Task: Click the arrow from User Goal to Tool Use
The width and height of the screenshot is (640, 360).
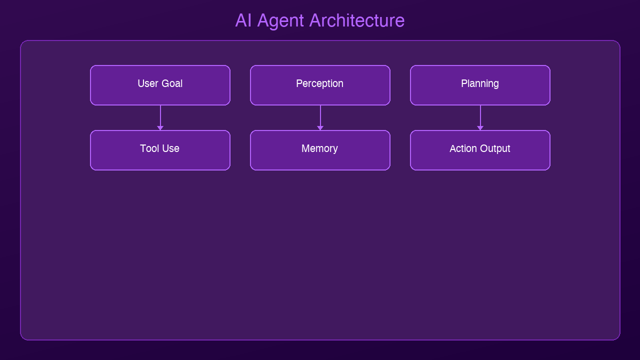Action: click(x=160, y=116)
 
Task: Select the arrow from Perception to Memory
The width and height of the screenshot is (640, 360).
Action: click(x=320, y=116)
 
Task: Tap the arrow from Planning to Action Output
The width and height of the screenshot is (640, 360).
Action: click(x=480, y=116)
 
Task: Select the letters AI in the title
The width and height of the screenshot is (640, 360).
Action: click(x=243, y=20)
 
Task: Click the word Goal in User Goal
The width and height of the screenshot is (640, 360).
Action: click(x=171, y=83)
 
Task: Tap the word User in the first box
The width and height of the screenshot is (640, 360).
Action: click(x=148, y=83)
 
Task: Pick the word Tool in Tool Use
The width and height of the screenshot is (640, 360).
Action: click(x=149, y=148)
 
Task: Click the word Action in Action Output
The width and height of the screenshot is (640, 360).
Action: click(x=462, y=148)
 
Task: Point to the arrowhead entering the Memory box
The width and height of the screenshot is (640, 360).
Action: click(x=320, y=128)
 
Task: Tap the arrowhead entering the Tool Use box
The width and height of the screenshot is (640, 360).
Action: click(x=160, y=128)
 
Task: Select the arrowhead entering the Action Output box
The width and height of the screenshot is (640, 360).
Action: click(x=480, y=128)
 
